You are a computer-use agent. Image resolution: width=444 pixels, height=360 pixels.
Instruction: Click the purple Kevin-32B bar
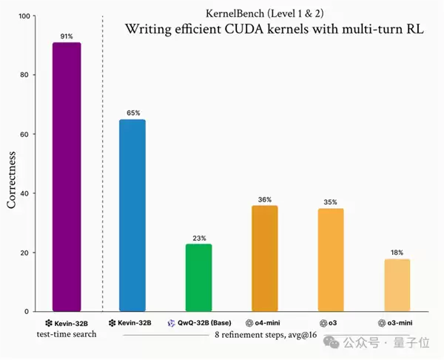[67, 177]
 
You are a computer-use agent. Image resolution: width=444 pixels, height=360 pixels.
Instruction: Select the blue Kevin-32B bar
[132, 216]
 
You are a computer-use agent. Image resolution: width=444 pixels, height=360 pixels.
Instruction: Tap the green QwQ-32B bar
[198, 278]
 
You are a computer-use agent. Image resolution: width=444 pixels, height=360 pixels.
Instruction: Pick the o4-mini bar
[264, 259]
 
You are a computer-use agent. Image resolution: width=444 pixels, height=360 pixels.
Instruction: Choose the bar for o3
[330, 260]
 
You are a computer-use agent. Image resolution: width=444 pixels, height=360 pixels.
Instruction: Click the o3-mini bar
[396, 285]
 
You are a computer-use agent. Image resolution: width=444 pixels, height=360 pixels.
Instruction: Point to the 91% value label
[67, 36]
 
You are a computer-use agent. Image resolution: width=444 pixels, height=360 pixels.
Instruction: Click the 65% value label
[132, 113]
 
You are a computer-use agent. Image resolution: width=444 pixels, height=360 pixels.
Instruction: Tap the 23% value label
[198, 237]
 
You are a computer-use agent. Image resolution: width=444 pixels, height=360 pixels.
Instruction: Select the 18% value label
[396, 252]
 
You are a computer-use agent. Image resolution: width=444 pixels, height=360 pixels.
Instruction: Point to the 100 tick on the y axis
[24, 16]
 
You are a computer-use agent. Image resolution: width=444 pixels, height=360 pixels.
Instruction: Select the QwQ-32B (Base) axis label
[198, 323]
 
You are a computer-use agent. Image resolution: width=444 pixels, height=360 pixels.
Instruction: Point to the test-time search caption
[67, 335]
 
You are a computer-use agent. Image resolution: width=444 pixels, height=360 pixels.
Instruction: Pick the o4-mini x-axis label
[264, 323]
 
